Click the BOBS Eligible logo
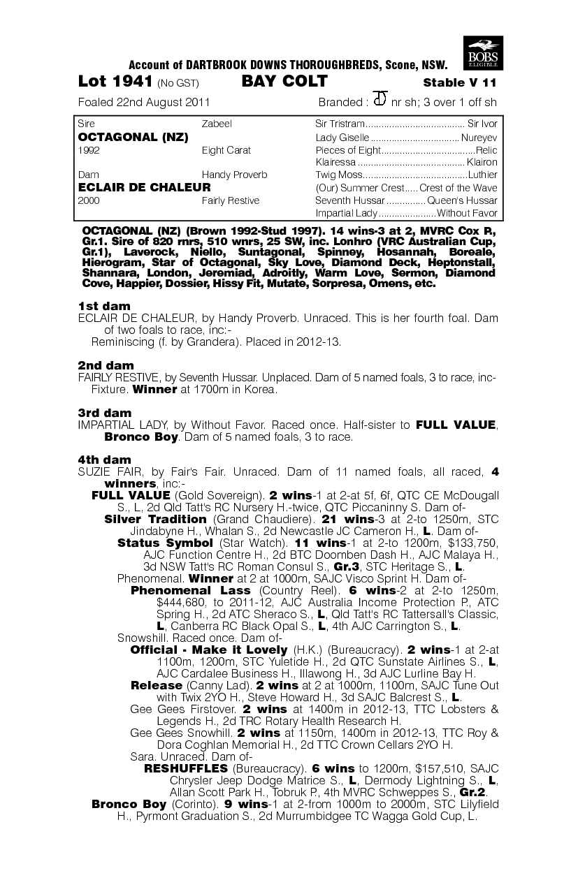click(x=482, y=51)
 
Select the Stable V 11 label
click(x=460, y=82)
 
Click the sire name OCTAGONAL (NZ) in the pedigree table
click(x=133, y=137)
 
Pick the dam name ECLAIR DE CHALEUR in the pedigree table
click(x=145, y=187)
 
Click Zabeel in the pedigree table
click(x=217, y=124)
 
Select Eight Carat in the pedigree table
click(x=226, y=150)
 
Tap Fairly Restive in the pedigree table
click(x=230, y=200)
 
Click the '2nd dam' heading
click(x=106, y=365)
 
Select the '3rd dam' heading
click(x=105, y=413)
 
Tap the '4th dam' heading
click(x=105, y=460)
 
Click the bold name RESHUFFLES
click(x=185, y=768)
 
